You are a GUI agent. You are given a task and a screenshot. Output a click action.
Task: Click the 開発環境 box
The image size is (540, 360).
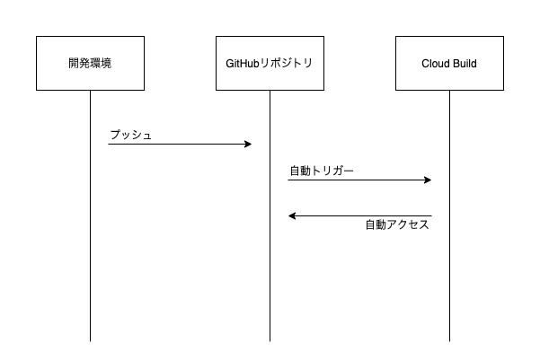[90, 63]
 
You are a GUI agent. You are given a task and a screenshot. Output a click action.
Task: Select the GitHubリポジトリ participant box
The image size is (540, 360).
[270, 63]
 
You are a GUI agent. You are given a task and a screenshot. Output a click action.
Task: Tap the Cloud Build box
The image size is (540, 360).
[449, 63]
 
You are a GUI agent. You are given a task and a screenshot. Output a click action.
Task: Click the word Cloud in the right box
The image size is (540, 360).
[435, 64]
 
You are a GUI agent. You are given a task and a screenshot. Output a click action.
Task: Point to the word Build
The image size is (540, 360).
[464, 64]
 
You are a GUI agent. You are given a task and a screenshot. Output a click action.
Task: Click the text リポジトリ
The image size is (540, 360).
[289, 64]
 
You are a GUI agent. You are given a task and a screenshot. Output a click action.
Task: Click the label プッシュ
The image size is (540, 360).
[130, 135]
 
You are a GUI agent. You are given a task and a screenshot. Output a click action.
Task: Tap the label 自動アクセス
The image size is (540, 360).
[397, 225]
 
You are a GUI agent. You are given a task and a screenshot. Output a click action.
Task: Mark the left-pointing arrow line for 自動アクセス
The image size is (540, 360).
[359, 215]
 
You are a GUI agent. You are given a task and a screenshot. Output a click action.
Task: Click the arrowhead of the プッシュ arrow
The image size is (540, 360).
[248, 144]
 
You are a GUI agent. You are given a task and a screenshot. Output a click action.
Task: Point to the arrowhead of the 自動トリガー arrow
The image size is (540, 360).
[428, 180]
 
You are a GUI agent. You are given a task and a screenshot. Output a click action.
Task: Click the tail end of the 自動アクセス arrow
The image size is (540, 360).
[429, 215]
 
